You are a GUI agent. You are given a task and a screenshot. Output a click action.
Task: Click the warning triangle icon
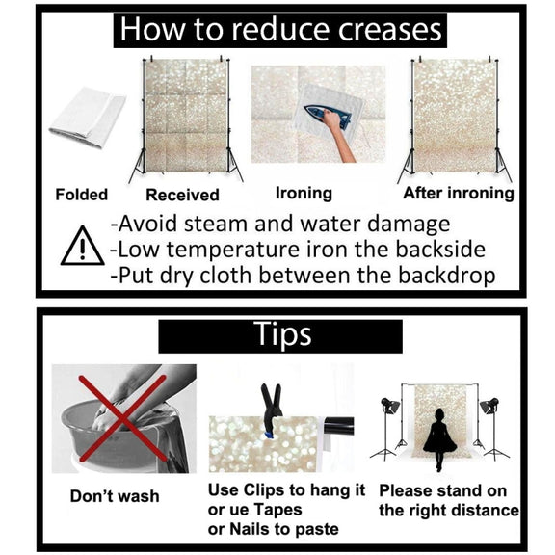(x=83, y=247)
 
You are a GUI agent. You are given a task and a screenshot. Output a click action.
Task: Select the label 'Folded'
(x=82, y=195)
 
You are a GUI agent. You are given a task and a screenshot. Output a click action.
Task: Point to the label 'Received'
(x=183, y=195)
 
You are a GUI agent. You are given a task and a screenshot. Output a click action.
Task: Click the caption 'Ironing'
(x=304, y=194)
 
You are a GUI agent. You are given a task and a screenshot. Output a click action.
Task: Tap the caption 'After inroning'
(x=459, y=194)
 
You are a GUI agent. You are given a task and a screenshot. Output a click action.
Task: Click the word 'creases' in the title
(x=389, y=30)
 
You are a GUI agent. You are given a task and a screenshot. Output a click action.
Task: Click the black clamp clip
(x=272, y=410)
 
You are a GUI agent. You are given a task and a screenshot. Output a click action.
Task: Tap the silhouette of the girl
(x=439, y=438)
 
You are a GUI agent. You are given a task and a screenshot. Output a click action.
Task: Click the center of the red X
(x=122, y=418)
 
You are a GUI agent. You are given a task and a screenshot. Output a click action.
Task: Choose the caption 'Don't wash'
(x=115, y=496)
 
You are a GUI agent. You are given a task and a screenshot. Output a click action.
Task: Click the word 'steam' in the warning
(x=215, y=225)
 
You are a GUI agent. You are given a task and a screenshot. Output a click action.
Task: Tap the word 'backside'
(x=440, y=250)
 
